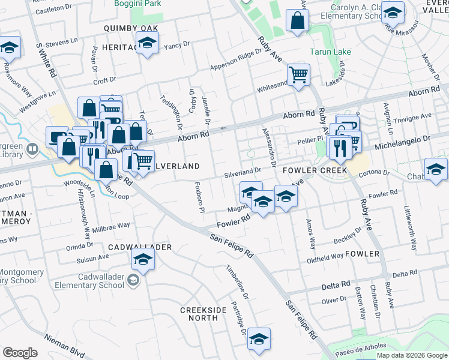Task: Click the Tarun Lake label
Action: [x=330, y=52]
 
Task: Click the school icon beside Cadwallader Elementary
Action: [x=143, y=259]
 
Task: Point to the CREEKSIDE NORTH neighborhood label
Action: [x=204, y=314]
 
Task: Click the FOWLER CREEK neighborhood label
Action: [x=316, y=170]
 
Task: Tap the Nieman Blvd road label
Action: [x=64, y=346]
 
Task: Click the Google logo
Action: [x=20, y=353]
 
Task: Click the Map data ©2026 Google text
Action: [x=411, y=355]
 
